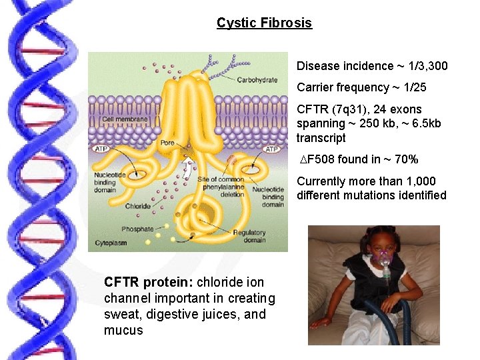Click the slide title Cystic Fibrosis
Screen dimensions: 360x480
click(x=264, y=23)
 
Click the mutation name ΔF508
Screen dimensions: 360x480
click(x=318, y=159)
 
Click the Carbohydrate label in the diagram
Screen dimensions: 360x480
click(x=257, y=80)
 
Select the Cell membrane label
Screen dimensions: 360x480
click(x=125, y=119)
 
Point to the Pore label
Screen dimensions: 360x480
click(x=167, y=143)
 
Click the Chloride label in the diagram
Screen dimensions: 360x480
click(x=138, y=206)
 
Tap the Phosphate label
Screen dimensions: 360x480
click(x=137, y=229)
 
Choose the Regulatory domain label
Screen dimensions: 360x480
click(x=249, y=236)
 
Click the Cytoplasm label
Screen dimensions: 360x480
click(x=111, y=243)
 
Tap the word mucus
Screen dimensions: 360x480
click(x=123, y=330)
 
